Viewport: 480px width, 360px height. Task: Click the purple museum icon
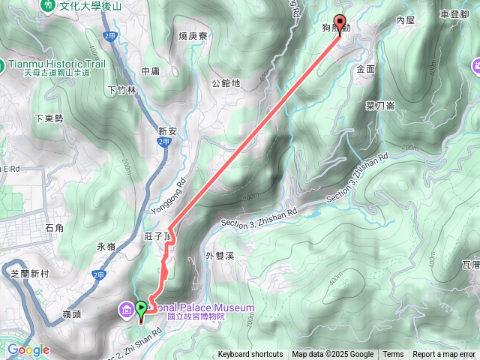(x=124, y=308)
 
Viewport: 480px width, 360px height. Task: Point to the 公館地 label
(x=226, y=83)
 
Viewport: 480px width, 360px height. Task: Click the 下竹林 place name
(x=122, y=90)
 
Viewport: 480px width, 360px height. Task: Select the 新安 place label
(x=166, y=131)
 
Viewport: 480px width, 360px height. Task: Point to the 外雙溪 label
(x=220, y=256)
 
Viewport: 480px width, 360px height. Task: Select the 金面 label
(x=366, y=68)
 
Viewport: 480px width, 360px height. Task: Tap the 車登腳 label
(x=454, y=14)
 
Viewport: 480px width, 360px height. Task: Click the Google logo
(x=28, y=349)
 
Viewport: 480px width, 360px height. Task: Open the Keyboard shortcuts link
(x=250, y=355)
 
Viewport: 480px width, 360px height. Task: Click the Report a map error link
(x=444, y=355)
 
